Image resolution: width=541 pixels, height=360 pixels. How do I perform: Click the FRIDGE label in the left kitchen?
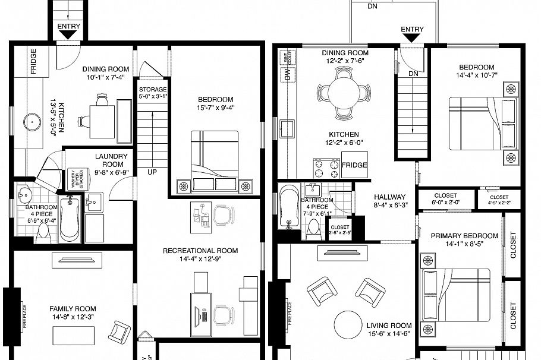tap(33, 61)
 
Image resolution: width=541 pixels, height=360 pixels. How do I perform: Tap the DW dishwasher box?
tap(288, 75)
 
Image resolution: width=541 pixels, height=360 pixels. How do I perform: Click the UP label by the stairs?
tap(153, 172)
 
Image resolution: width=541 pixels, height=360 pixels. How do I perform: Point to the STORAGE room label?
tap(153, 89)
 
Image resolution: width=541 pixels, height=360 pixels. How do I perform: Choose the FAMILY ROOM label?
tap(73, 309)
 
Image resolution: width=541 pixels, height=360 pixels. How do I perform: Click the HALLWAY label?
tap(389, 197)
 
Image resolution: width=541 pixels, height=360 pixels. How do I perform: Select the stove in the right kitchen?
tap(326, 167)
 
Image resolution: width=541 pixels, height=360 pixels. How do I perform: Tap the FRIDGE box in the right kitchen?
tap(354, 165)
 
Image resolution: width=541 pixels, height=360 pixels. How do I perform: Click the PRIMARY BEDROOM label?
tap(464, 236)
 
